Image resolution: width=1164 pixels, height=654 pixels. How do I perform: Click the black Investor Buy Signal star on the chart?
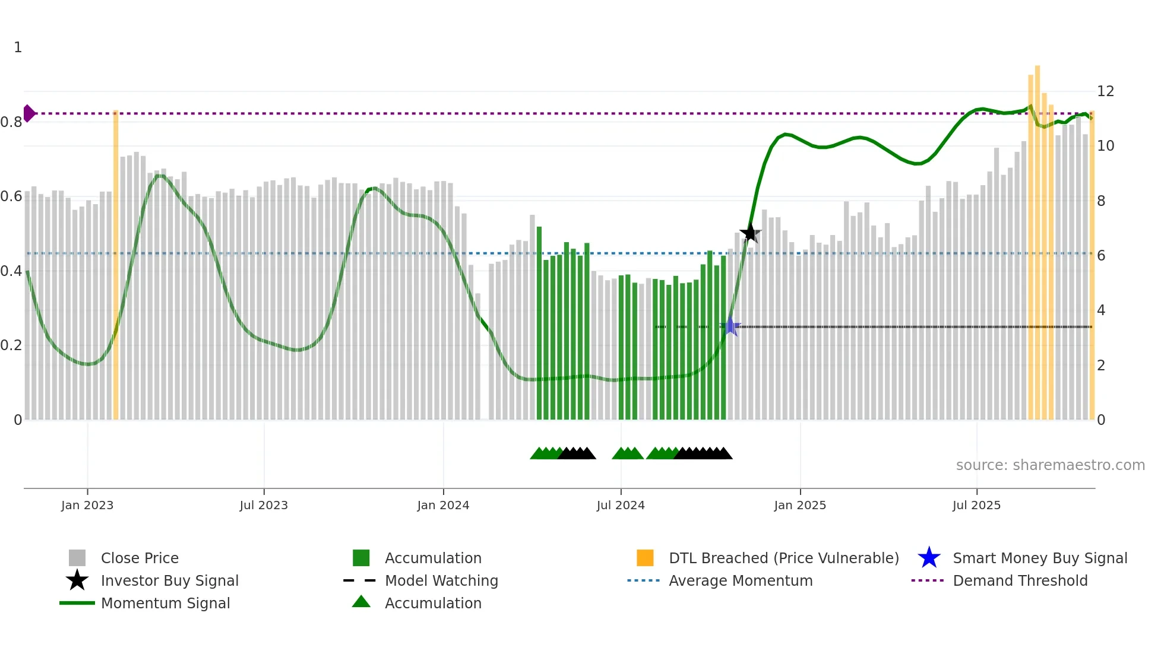click(750, 233)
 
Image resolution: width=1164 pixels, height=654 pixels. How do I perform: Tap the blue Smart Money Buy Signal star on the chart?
click(730, 326)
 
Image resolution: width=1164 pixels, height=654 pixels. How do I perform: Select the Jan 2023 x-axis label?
click(87, 505)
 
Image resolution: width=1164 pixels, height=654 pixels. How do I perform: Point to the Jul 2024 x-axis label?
click(621, 505)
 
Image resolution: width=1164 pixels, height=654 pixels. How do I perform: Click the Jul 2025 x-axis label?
click(976, 505)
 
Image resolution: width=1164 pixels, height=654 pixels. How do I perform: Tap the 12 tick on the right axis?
click(1105, 91)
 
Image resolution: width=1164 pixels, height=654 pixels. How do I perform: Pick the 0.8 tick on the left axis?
click(11, 122)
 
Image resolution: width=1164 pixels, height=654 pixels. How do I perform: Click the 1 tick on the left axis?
click(18, 47)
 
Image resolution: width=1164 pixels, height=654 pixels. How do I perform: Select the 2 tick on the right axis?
click(1101, 366)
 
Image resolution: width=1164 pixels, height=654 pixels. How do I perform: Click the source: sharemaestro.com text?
click(1050, 465)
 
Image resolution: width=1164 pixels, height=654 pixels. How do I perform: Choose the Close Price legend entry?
click(140, 558)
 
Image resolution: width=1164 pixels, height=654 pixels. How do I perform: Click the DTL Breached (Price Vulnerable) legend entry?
click(783, 558)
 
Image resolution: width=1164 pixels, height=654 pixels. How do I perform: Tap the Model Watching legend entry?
click(441, 581)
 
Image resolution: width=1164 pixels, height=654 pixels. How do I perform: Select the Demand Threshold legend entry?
click(1020, 581)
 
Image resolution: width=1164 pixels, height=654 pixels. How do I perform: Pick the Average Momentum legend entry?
click(741, 581)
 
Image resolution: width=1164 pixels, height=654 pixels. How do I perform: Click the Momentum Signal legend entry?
click(165, 604)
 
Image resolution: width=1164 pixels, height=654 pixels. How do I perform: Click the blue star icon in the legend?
click(929, 558)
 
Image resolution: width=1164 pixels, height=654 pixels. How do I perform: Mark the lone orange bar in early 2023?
click(116, 267)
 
